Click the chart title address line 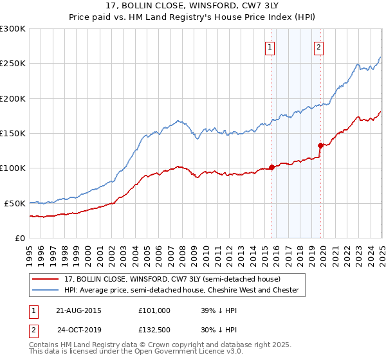193,6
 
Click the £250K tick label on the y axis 13,64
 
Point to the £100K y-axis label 13,168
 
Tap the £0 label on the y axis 20,238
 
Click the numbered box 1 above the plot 270,46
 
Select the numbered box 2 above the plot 318,46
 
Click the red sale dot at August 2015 271,167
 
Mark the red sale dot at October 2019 320,145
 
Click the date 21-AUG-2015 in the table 78,310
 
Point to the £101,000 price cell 154,310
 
